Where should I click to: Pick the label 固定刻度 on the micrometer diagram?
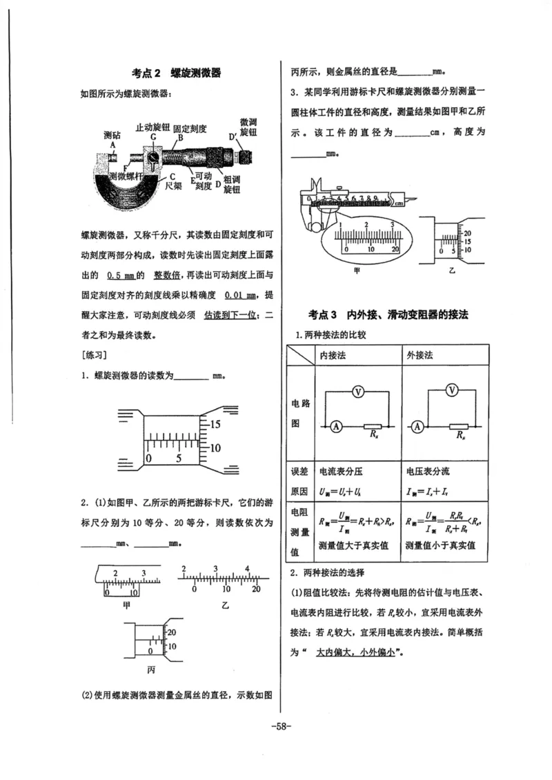(190, 128)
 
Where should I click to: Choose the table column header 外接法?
(420, 354)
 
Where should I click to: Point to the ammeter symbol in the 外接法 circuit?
(419, 426)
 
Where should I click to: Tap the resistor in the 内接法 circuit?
(373, 426)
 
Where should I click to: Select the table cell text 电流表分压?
(340, 472)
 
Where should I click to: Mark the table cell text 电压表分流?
(428, 472)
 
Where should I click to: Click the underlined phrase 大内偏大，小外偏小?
(355, 651)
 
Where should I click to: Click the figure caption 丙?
(151, 669)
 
